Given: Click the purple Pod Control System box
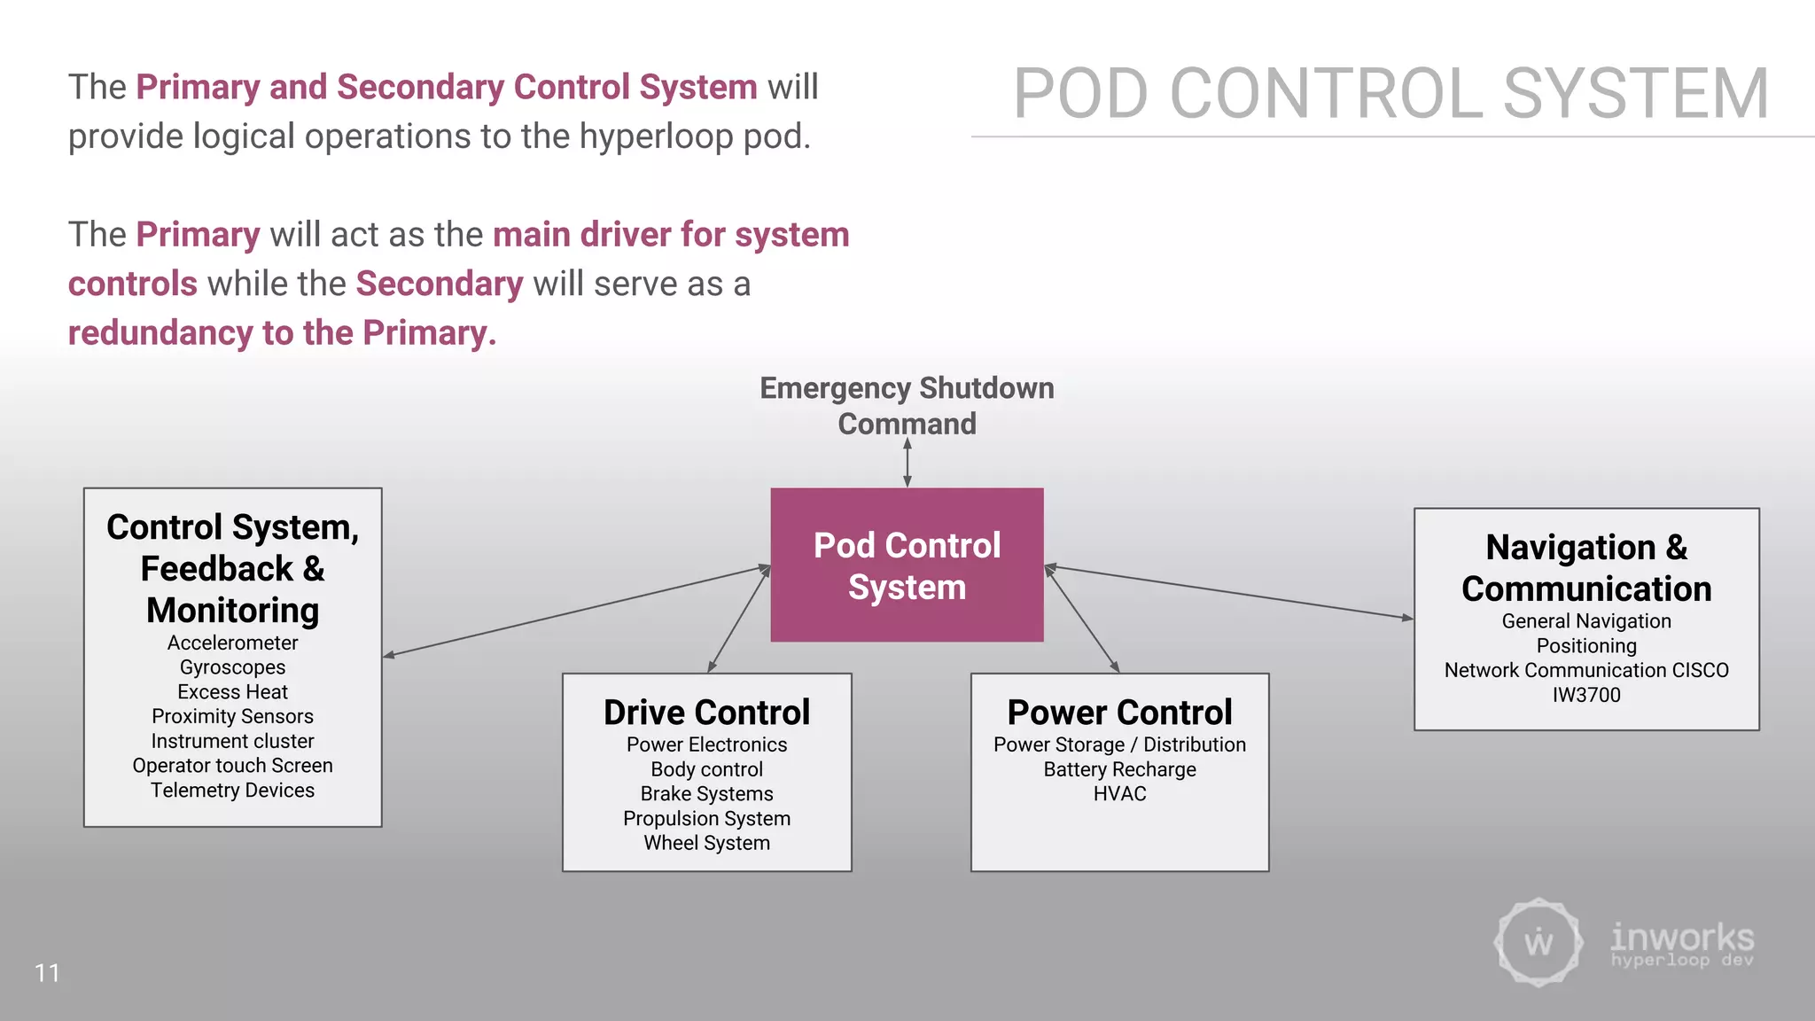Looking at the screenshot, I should click(x=907, y=565).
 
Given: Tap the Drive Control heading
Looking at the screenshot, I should click(x=706, y=713).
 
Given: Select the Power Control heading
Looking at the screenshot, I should click(x=1119, y=713).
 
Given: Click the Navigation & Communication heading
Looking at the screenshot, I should click(x=1585, y=568).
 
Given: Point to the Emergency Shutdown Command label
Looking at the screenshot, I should click(x=907, y=406).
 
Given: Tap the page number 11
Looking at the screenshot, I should click(x=47, y=973).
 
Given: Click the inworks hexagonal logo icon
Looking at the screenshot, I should click(x=1538, y=942).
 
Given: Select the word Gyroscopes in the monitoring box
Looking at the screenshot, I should click(x=232, y=667).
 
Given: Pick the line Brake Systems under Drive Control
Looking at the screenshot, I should click(x=706, y=794).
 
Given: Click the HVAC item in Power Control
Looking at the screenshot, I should click(x=1119, y=794).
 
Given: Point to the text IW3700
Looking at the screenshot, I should click(x=1585, y=696).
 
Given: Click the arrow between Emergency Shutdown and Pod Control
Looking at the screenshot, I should click(x=907, y=464).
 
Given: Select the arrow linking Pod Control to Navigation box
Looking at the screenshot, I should click(x=1228, y=592).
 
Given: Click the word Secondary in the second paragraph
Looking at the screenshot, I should click(x=440, y=284).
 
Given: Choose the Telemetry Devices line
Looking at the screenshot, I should click(x=232, y=791).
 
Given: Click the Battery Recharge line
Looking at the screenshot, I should click(x=1119, y=769).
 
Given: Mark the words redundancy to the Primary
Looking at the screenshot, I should click(x=282, y=333).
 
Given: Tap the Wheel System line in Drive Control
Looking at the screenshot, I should click(x=706, y=843).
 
